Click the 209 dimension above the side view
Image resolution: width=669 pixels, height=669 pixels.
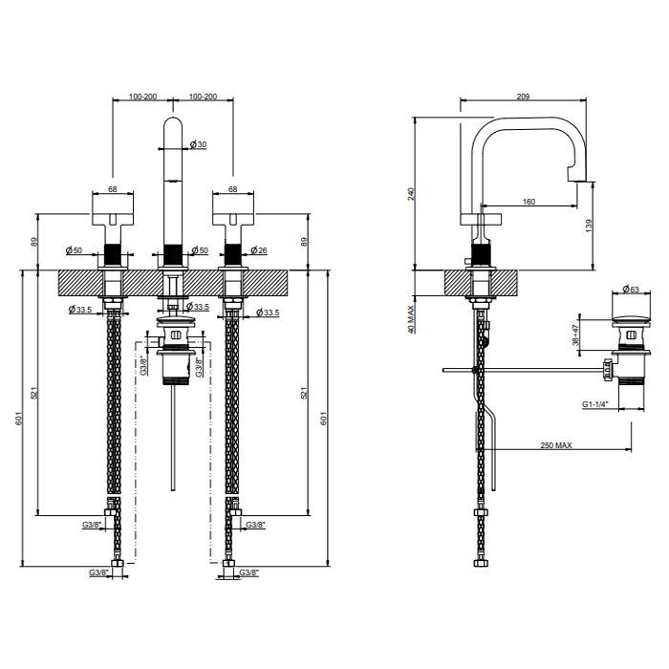point(523,97)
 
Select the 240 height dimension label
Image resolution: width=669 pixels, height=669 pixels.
point(411,194)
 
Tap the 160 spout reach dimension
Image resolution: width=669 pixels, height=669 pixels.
point(529,202)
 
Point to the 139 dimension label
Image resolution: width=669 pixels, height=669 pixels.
point(589,226)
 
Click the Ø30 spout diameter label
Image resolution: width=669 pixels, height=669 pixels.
point(198,144)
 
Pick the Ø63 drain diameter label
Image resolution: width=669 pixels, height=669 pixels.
point(631,290)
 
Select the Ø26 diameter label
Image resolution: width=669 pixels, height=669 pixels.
point(259,250)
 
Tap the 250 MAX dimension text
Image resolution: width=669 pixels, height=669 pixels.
point(556,445)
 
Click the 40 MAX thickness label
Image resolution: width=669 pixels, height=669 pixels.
point(411,319)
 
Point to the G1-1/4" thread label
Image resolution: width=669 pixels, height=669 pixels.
point(594,404)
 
